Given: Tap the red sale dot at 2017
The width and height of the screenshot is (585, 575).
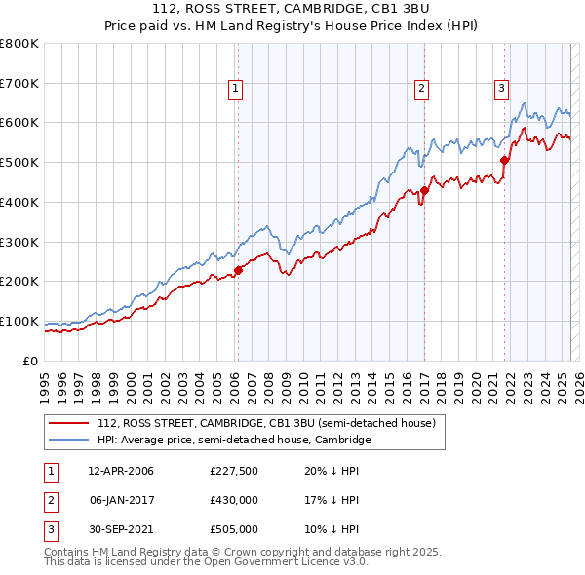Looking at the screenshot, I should point(424,190).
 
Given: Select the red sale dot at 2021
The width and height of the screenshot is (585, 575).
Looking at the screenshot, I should point(505,160).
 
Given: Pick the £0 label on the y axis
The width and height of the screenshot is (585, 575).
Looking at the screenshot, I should point(30,361).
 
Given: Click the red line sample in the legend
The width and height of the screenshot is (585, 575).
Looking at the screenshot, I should point(69,423).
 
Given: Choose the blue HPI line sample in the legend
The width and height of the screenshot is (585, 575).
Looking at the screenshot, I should point(69,440).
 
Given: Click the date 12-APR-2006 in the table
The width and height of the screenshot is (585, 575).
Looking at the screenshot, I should point(121,471).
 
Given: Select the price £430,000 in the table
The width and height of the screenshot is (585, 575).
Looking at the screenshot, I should point(234,500).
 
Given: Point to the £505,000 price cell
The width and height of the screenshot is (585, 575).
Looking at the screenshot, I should point(234,529).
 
